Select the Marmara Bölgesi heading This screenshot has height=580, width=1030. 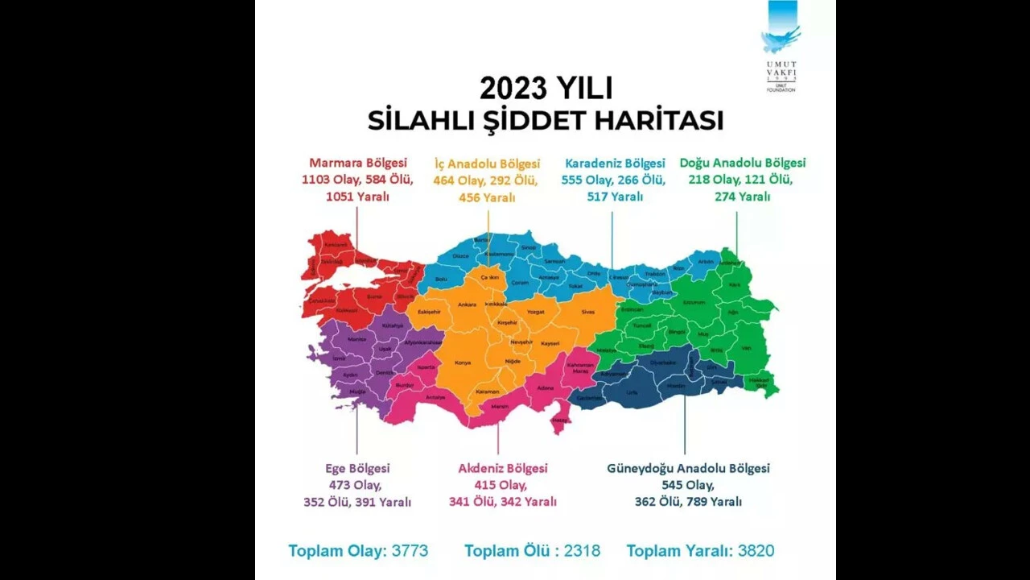358,163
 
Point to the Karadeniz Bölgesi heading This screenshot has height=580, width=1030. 615,163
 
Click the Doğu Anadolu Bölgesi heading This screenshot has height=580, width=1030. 742,163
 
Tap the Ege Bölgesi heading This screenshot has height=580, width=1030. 357,468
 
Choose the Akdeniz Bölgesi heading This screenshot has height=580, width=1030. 502,468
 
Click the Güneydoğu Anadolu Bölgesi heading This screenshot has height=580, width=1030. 688,468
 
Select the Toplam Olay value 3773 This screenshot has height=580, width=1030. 410,551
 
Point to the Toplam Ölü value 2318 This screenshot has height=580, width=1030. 582,551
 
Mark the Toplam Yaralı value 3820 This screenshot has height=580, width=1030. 756,551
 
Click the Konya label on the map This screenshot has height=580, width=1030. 463,362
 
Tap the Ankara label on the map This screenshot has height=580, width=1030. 467,305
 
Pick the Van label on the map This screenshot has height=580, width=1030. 745,348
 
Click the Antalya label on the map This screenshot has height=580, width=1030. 435,397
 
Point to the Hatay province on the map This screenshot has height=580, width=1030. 557,420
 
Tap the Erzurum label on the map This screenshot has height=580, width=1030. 694,302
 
